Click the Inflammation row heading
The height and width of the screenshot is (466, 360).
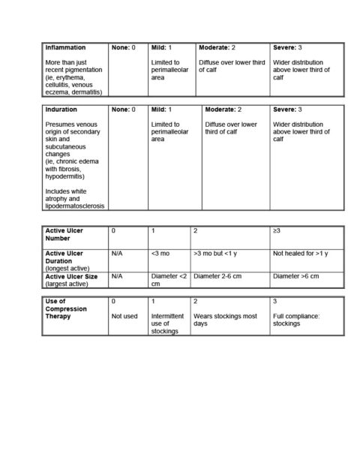coord(65,47)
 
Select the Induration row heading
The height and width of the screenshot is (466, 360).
coord(61,110)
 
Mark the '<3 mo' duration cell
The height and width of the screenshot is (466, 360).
coord(159,254)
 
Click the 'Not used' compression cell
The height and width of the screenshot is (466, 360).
coord(124,316)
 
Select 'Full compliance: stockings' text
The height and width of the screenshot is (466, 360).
coord(296,320)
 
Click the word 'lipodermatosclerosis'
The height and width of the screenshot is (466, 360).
coord(75,205)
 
